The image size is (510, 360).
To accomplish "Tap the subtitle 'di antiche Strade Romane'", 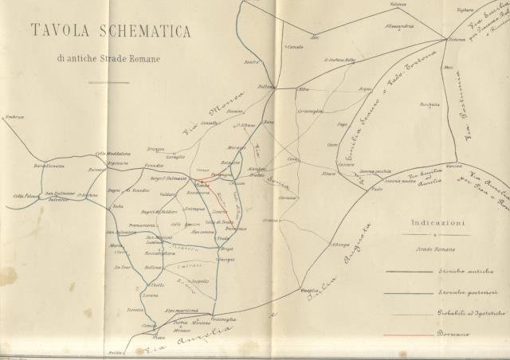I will (x=108, y=58).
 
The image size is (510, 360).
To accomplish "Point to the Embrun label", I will (x=13, y=116).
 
